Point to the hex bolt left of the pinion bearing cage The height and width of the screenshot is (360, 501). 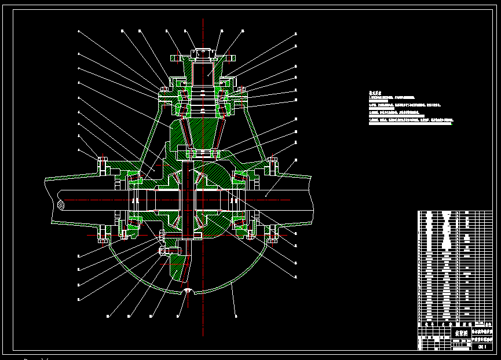click(x=163, y=90)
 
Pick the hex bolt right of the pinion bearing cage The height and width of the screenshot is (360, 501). click(x=242, y=90)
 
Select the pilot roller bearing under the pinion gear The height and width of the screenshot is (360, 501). click(x=202, y=153)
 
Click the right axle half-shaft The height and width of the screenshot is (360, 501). click(x=278, y=197)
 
